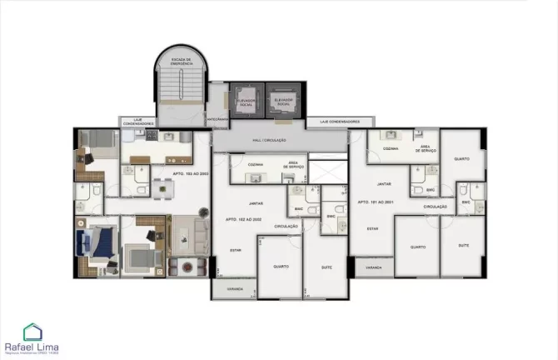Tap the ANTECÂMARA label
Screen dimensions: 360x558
[x=218, y=118]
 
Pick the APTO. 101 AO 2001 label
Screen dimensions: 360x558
[x=375, y=202]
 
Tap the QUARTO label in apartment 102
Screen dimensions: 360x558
[x=281, y=266]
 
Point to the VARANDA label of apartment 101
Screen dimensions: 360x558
[x=374, y=267]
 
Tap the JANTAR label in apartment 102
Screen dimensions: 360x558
[x=256, y=202]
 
